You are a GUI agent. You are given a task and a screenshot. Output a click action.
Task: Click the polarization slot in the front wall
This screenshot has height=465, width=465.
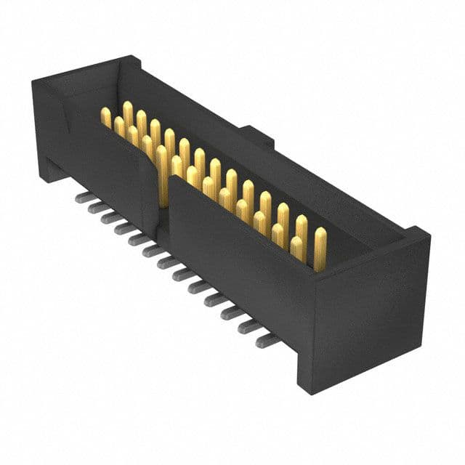coord(161,196)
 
